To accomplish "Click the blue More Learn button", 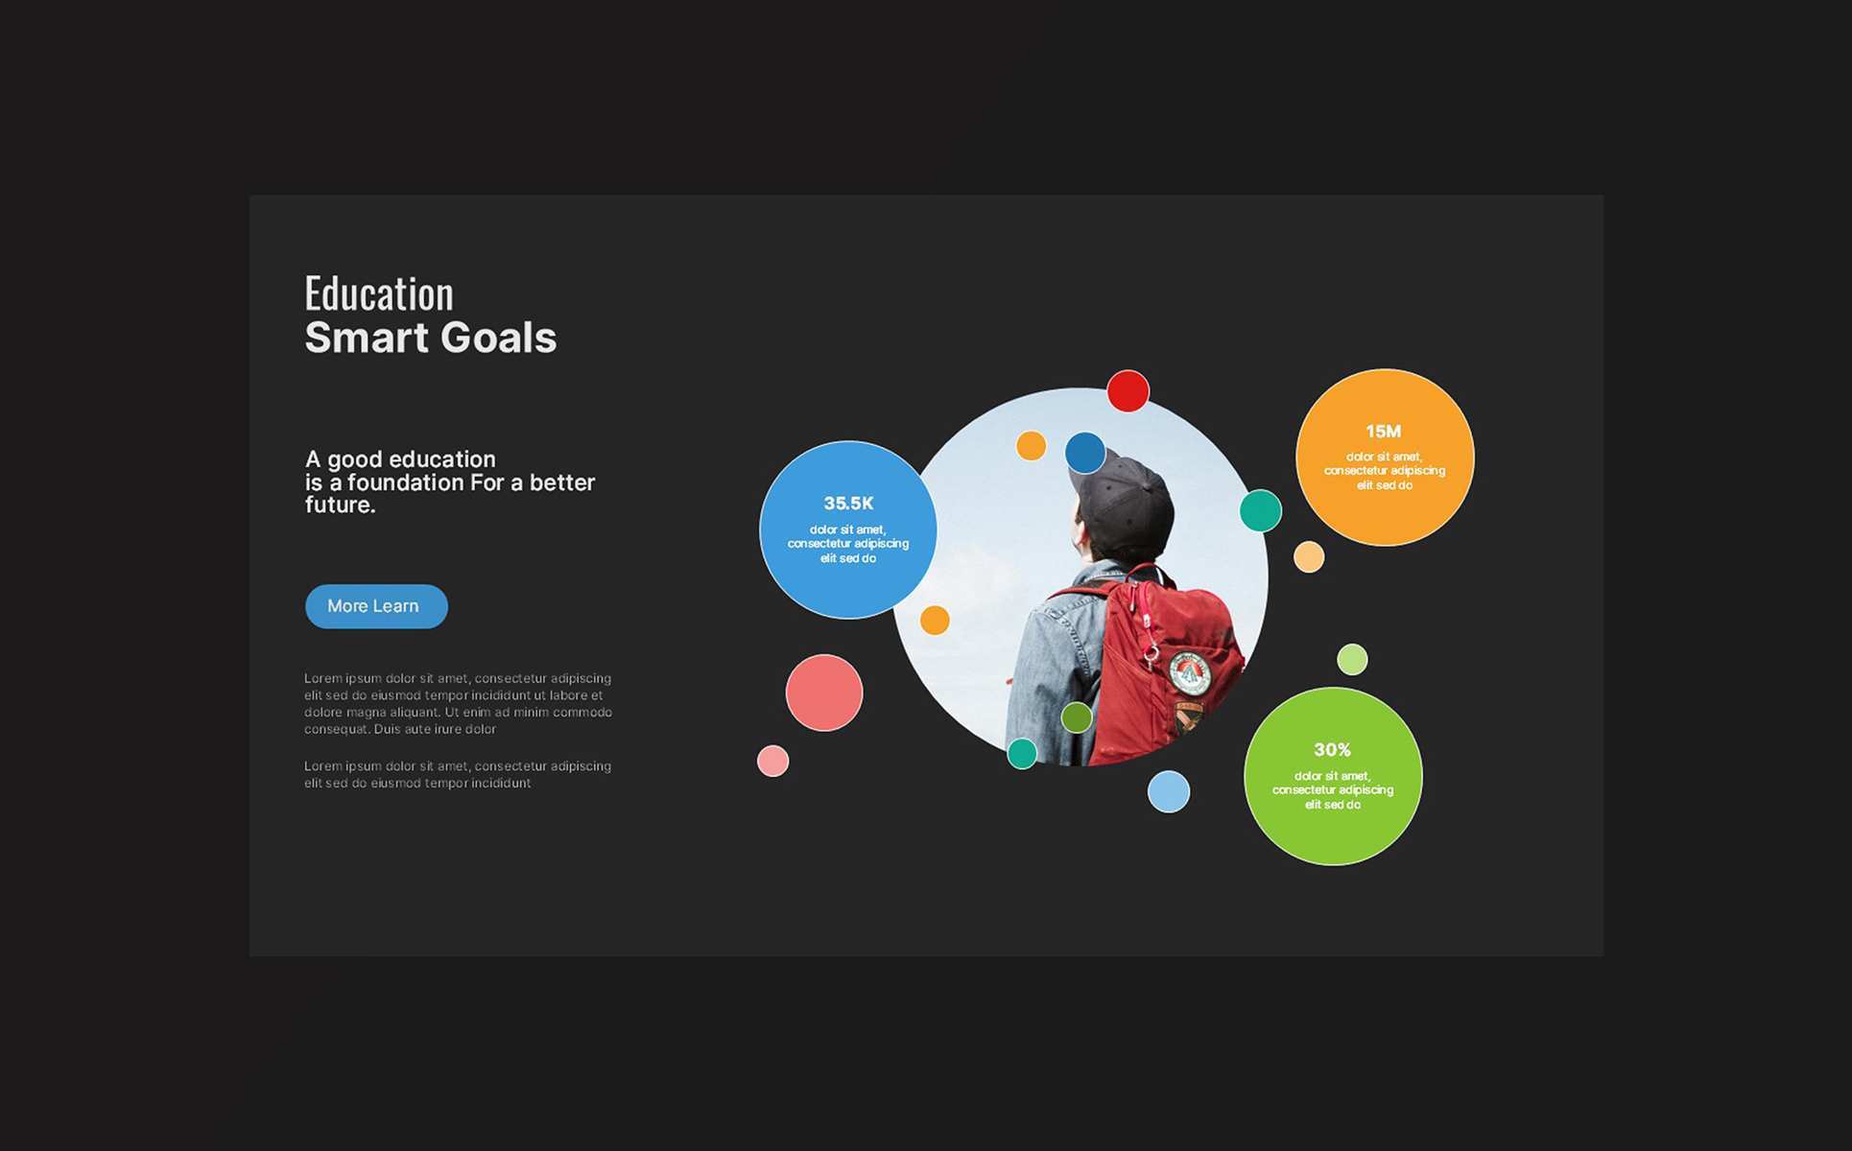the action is pyautogui.click(x=376, y=606).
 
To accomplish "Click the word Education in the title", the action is pyautogui.click(x=379, y=294).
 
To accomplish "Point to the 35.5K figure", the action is pyautogui.click(x=848, y=504).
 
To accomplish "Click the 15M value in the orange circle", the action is pyautogui.click(x=1384, y=432).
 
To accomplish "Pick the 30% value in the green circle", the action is pyautogui.click(x=1332, y=750).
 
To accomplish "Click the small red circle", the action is pyautogui.click(x=1128, y=391).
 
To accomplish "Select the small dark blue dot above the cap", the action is pyautogui.click(x=1085, y=453).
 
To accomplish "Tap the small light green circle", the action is pyautogui.click(x=1352, y=660).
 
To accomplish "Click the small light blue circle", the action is pyautogui.click(x=1169, y=792).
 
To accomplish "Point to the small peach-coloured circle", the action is pyautogui.click(x=1309, y=557).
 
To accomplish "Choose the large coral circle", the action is pyautogui.click(x=824, y=693).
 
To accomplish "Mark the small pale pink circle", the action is pyautogui.click(x=772, y=762).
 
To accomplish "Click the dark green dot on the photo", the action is pyautogui.click(x=1077, y=717).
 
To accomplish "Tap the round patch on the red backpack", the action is pyautogui.click(x=1190, y=672).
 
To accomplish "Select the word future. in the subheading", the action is pyautogui.click(x=341, y=505).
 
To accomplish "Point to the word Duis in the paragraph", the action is pyautogui.click(x=388, y=730).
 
